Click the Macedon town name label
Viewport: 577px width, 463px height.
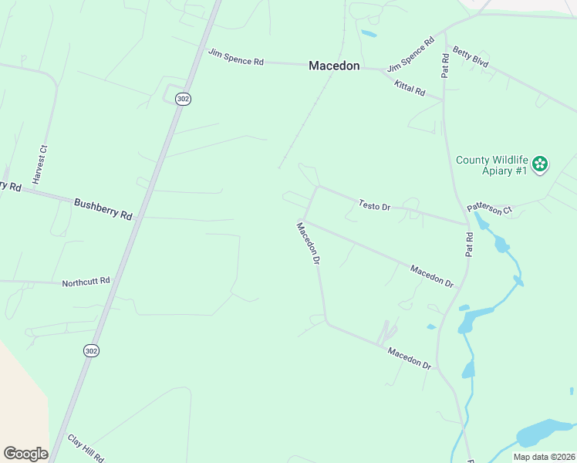point(334,66)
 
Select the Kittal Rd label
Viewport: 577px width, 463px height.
point(410,87)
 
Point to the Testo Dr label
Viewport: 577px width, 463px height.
point(375,205)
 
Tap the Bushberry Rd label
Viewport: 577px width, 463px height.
point(103,208)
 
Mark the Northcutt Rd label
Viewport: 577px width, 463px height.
point(86,282)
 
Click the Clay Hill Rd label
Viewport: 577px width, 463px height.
point(85,448)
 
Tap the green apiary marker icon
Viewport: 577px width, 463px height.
point(541,164)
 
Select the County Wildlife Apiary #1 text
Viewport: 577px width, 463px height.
point(491,165)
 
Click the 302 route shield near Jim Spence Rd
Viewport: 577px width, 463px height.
point(182,99)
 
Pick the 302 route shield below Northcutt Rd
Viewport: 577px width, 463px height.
point(92,350)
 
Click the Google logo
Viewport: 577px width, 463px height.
point(25,454)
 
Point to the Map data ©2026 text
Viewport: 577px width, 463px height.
point(543,457)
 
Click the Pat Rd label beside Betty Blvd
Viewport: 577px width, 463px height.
point(445,65)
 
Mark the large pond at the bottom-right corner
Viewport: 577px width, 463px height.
point(545,432)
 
